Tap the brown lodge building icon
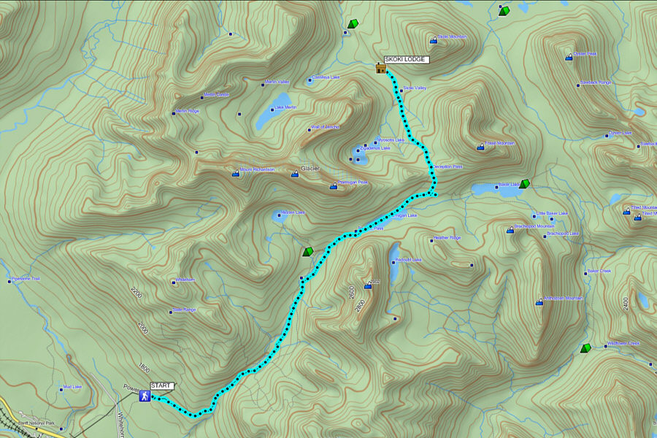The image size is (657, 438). pos(380,69)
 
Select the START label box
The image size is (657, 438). pos(162,385)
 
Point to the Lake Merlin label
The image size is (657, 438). pos(285,107)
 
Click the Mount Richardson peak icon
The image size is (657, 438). pos(235,174)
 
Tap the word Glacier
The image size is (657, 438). pos(311,168)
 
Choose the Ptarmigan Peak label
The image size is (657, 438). pos(353,182)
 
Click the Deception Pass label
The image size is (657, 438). pos(447,166)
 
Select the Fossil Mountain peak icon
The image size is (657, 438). pos(480,147)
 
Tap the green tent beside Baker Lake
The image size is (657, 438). pos(524,184)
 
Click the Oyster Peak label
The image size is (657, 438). pos(585,53)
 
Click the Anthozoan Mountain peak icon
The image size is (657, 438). pos(539,301)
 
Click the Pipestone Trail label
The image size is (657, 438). pos(31,279)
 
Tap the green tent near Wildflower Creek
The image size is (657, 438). pos(585,349)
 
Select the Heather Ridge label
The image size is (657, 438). pos(447,238)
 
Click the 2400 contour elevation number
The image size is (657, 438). pos(626,302)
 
